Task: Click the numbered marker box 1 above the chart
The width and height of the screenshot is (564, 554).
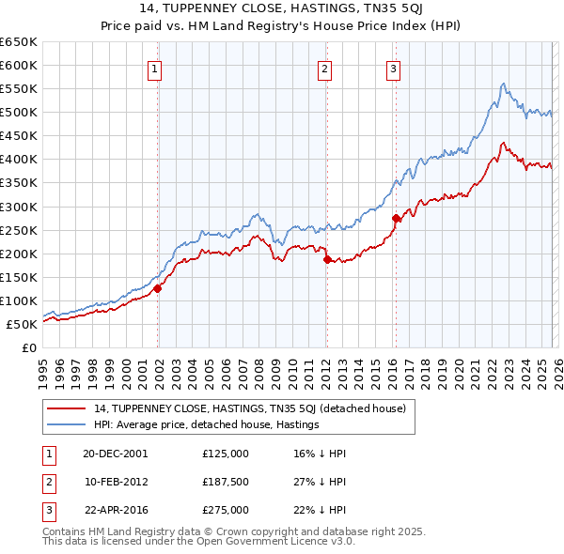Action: pyautogui.click(x=153, y=68)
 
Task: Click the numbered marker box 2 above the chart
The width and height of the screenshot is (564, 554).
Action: pyautogui.click(x=323, y=68)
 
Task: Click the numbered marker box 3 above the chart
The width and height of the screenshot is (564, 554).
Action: pyautogui.click(x=393, y=68)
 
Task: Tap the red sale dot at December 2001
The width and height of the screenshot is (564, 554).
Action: pyautogui.click(x=158, y=288)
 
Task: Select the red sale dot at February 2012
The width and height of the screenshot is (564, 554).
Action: pyautogui.click(x=326, y=259)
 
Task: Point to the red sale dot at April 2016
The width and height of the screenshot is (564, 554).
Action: pyautogui.click(x=396, y=218)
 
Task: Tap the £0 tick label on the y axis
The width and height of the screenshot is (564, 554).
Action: pyautogui.click(x=29, y=347)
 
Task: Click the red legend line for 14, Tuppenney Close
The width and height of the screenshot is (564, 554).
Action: pyautogui.click(x=67, y=408)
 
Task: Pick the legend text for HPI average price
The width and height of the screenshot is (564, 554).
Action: pyautogui.click(x=207, y=425)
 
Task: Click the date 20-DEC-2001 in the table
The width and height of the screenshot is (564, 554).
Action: pyautogui.click(x=116, y=454)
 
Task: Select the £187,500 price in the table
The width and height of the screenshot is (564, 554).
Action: pyautogui.click(x=226, y=482)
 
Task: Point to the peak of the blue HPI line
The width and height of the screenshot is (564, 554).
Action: pyautogui.click(x=504, y=84)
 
